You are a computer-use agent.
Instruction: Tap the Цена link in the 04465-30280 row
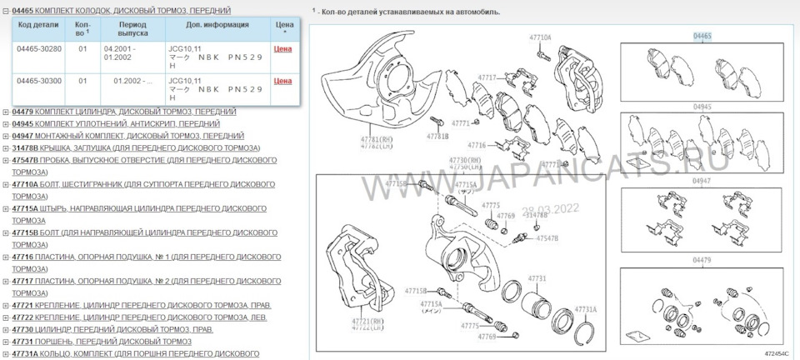pyautogui.click(x=282, y=49)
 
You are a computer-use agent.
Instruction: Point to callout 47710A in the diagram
pyautogui.click(x=540, y=38)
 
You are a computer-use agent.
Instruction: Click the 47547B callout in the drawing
pyautogui.click(x=547, y=238)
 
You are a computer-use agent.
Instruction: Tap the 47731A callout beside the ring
pyautogui.click(x=585, y=308)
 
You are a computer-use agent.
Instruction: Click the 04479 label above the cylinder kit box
pyautogui.click(x=702, y=261)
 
